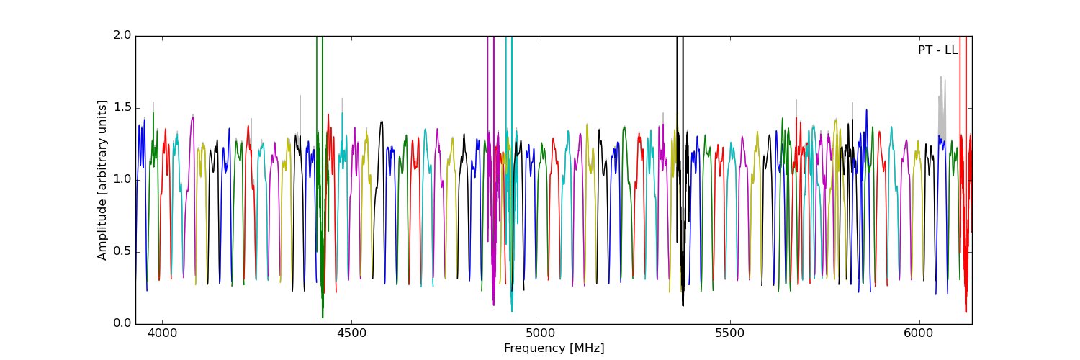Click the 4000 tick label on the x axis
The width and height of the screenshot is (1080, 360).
point(162,334)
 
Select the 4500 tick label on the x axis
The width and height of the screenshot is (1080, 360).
point(351,334)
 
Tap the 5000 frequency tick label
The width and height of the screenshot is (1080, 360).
point(541,334)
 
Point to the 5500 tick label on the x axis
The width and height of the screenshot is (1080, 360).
point(730,334)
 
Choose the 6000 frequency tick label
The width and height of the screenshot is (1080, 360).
point(919,334)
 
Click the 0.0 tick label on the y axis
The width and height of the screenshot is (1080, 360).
point(122,323)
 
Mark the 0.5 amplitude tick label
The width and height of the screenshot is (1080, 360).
point(122,251)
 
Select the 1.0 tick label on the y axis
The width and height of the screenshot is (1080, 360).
point(122,179)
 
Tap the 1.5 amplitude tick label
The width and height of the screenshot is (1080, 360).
point(122,107)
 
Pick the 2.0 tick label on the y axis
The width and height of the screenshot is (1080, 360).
point(122,35)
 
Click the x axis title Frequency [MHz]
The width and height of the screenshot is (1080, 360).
point(554,348)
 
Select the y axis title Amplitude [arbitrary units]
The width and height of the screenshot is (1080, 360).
point(103,180)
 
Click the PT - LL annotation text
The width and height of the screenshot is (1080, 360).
point(937,50)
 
